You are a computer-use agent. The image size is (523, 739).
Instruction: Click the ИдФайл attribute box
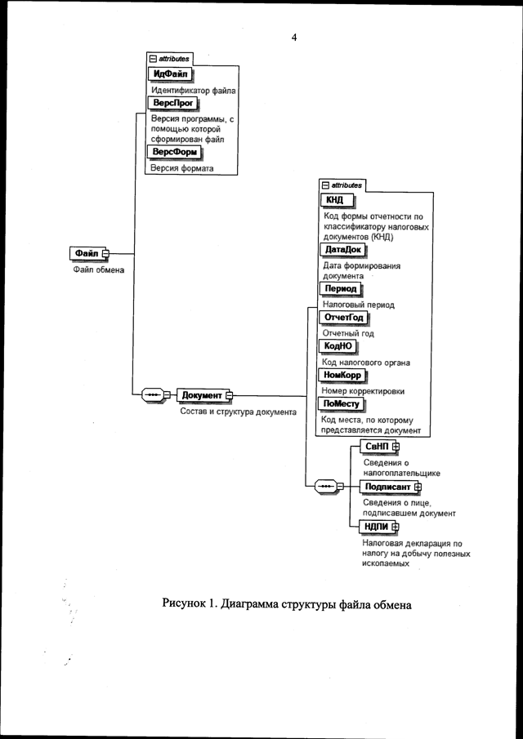[x=169, y=75]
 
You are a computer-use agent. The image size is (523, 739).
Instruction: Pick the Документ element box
[x=202, y=395]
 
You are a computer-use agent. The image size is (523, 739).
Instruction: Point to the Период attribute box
[x=341, y=289]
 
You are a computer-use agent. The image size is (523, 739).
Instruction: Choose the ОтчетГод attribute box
[x=344, y=318]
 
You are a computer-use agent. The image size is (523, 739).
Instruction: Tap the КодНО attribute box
[x=337, y=346]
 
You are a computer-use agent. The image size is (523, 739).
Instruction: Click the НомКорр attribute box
[x=343, y=375]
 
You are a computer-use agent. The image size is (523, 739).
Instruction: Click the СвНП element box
[x=377, y=447]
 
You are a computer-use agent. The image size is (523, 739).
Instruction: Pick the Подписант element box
[x=387, y=487]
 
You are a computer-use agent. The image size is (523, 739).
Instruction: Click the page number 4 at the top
[x=293, y=37]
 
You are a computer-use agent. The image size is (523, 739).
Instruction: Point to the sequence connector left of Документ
[x=153, y=395]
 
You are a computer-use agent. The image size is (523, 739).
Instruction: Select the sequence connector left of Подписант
[x=324, y=487]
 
